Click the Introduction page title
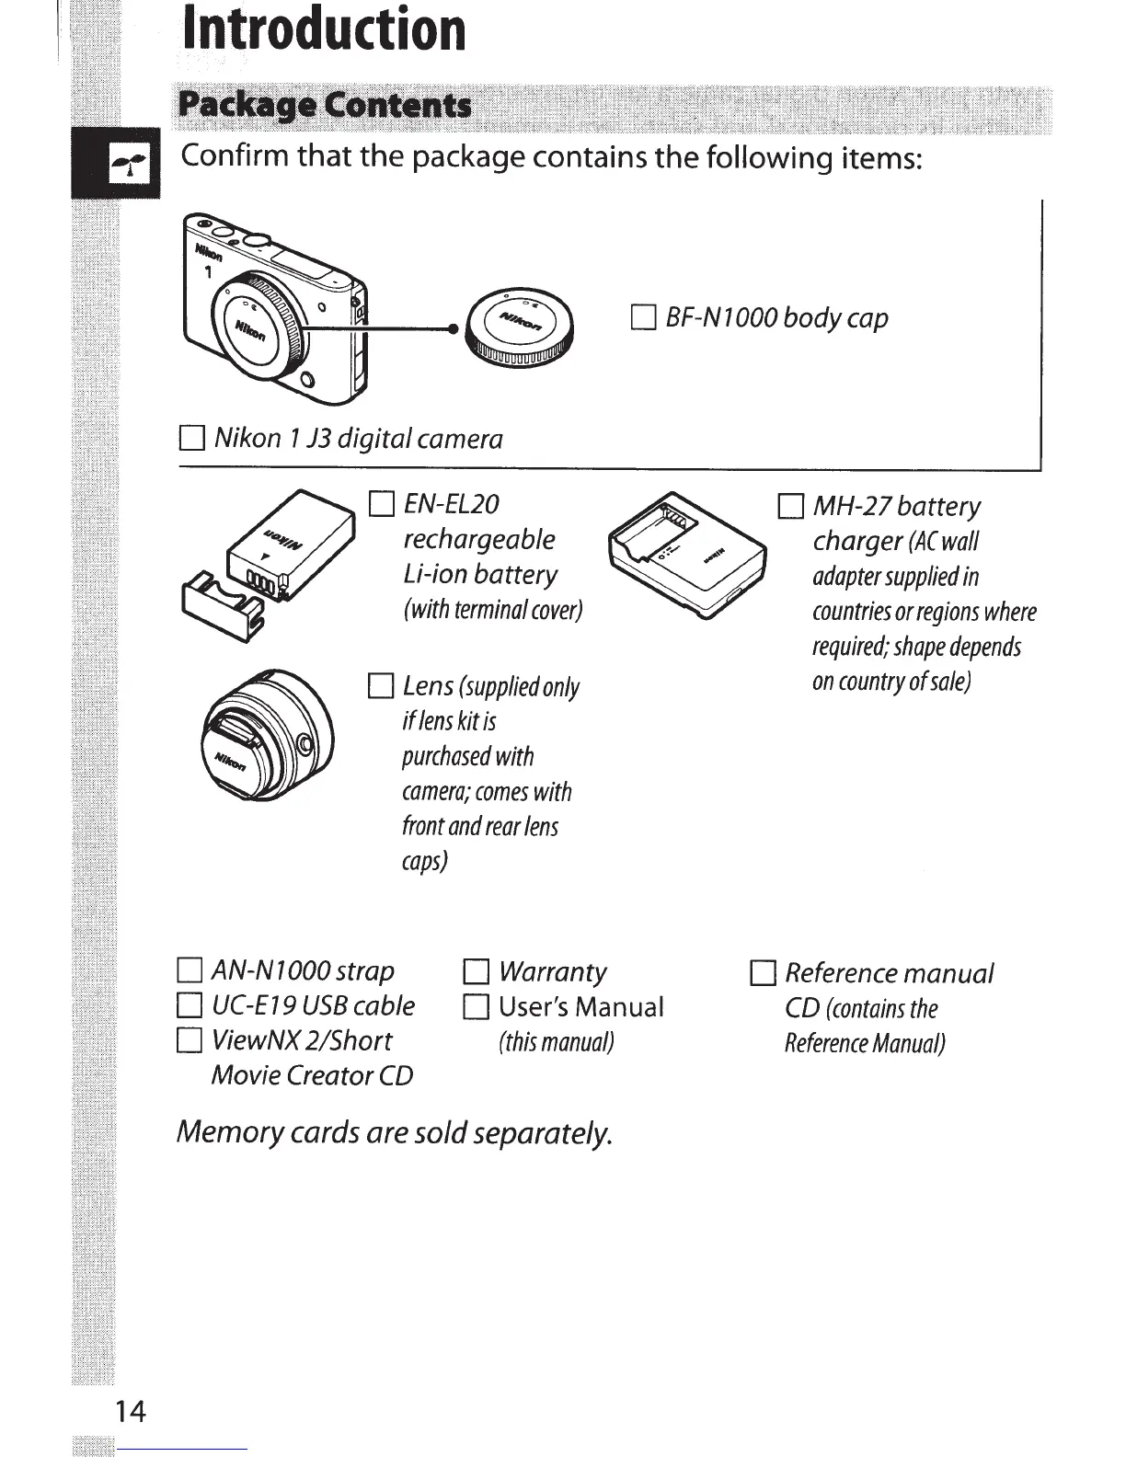[324, 29]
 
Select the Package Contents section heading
[325, 106]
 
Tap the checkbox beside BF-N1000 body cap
[643, 319]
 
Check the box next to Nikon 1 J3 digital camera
[191, 439]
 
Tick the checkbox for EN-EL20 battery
[381, 505]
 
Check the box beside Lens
[380, 687]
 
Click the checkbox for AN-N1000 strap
[189, 971]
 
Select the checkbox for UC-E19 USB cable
[189, 1006]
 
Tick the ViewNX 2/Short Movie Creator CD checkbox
[189, 1041]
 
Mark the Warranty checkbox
[476, 972]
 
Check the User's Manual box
[476, 1007]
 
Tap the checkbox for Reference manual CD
[763, 973]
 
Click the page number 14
[130, 1411]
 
